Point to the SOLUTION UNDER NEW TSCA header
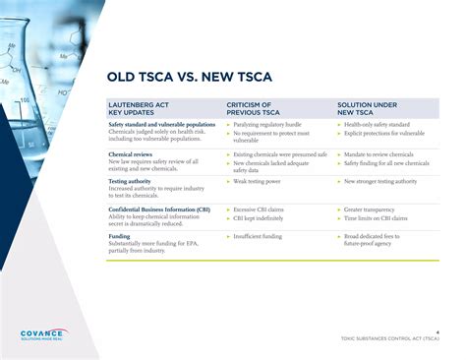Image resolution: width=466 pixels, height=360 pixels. click(x=367, y=108)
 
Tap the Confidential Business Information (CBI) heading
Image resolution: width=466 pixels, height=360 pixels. click(x=158, y=209)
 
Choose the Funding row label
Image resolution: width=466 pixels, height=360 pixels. click(x=119, y=236)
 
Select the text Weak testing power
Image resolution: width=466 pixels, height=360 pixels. click(x=259, y=181)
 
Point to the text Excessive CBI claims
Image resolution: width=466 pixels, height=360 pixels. click(x=261, y=209)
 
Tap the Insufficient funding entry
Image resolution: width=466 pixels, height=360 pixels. click(x=259, y=236)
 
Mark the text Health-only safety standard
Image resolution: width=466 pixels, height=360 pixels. click(x=378, y=125)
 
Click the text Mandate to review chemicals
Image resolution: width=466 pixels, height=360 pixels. click(x=379, y=154)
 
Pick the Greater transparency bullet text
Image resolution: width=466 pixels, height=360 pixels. click(x=372, y=209)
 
